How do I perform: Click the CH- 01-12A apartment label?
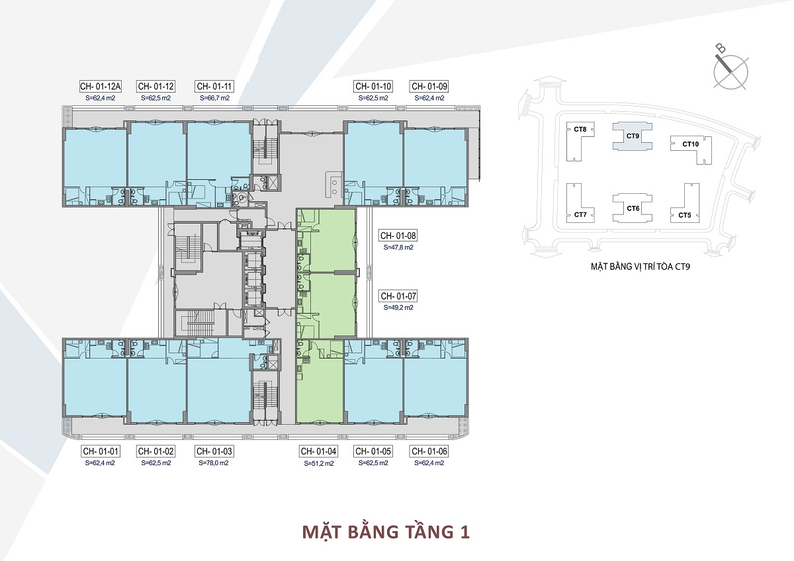click(x=101, y=86)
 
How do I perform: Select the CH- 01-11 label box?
click(x=214, y=86)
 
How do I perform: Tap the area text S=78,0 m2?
click(x=214, y=463)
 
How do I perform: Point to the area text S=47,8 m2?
click(x=398, y=247)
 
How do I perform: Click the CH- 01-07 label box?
click(x=398, y=296)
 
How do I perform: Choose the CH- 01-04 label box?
click(x=318, y=451)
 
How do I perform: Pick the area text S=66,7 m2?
click(x=215, y=98)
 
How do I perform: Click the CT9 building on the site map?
click(x=633, y=136)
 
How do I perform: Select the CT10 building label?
click(x=691, y=144)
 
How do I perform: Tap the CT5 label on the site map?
click(x=685, y=215)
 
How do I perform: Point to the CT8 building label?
click(x=580, y=130)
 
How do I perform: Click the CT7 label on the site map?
click(x=581, y=214)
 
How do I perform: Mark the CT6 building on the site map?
click(x=633, y=208)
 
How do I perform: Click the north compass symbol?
click(x=730, y=72)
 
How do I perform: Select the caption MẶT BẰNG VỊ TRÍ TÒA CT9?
click(x=640, y=266)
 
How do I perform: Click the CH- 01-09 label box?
click(x=429, y=86)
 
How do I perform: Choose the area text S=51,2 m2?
click(x=319, y=463)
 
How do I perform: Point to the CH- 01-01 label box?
click(x=101, y=451)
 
